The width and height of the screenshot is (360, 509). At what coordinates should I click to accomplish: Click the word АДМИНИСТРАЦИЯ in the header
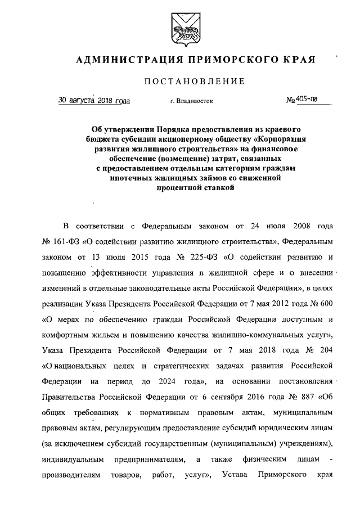coord(120,60)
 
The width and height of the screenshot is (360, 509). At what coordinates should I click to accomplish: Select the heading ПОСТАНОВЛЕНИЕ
coord(195,81)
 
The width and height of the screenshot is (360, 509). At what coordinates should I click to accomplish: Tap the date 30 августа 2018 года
coord(94,101)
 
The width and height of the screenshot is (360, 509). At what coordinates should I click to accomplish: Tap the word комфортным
coord(66,335)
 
